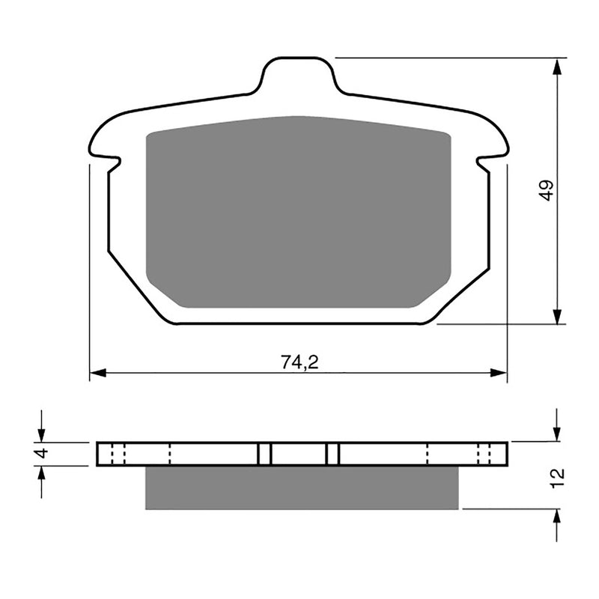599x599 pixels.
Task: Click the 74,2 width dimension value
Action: pos(299,362)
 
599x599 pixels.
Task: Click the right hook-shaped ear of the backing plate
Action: pos(494,150)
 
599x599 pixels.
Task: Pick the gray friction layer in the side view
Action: pos(299,487)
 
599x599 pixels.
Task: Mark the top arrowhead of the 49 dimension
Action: pos(557,67)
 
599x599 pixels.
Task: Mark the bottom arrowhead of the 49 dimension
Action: pos(557,315)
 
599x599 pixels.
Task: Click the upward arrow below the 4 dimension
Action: pos(42,474)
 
